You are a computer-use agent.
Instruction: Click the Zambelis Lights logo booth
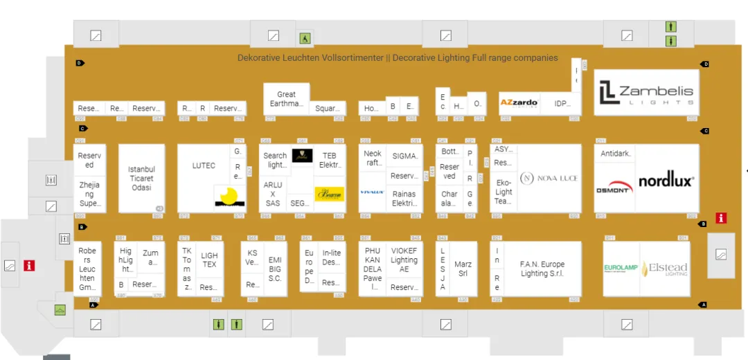tap(646, 93)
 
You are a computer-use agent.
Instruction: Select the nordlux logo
tap(666, 181)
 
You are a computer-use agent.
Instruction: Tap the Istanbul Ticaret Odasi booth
tap(141, 179)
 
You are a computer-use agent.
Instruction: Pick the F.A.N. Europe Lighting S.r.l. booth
tap(542, 269)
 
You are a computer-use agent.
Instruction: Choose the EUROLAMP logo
tap(621, 269)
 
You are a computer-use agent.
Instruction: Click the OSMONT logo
tap(614, 187)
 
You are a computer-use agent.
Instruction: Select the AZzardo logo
tap(519, 103)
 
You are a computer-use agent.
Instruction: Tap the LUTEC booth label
tap(204, 165)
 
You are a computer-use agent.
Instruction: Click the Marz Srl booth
tap(463, 269)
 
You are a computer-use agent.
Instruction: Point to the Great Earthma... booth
tap(286, 99)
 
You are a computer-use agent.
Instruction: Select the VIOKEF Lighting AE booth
tap(404, 260)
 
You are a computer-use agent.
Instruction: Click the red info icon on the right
tap(721, 218)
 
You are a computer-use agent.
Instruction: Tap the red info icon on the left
tap(28, 265)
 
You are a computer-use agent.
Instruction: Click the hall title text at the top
tap(398, 58)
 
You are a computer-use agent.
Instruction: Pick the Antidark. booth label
tap(615, 154)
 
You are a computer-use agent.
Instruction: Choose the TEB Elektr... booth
tap(328, 161)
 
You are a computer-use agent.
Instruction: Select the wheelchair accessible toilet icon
tap(305, 38)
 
